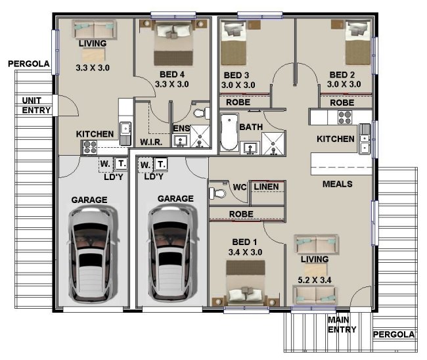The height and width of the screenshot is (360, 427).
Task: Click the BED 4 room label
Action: [x=172, y=74]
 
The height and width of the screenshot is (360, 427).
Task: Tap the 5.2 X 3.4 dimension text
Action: [x=315, y=280]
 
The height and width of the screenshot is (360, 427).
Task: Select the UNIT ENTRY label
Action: [x=36, y=105]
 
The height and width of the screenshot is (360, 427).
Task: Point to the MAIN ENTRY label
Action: [x=342, y=325]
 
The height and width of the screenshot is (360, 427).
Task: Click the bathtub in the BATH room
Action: [x=229, y=132]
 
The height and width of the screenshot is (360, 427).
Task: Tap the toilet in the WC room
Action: [x=217, y=193]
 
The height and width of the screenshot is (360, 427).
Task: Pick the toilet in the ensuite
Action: [x=202, y=113]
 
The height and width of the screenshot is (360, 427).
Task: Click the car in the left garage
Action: [x=93, y=254]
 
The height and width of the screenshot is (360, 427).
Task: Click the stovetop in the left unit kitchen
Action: [x=89, y=147]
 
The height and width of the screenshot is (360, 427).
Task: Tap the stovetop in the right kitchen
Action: [x=344, y=118]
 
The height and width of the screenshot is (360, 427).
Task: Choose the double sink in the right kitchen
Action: [x=364, y=139]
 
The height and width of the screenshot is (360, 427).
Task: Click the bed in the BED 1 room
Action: [x=246, y=282]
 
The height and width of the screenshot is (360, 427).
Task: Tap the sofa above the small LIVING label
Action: [x=94, y=30]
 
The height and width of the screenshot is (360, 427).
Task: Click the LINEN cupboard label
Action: [x=266, y=187]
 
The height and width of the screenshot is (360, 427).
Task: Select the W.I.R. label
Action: [x=151, y=142]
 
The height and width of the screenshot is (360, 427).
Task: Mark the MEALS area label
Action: [x=338, y=184]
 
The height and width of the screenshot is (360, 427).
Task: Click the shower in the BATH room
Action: [x=273, y=144]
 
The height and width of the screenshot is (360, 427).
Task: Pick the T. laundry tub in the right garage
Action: [x=161, y=164]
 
